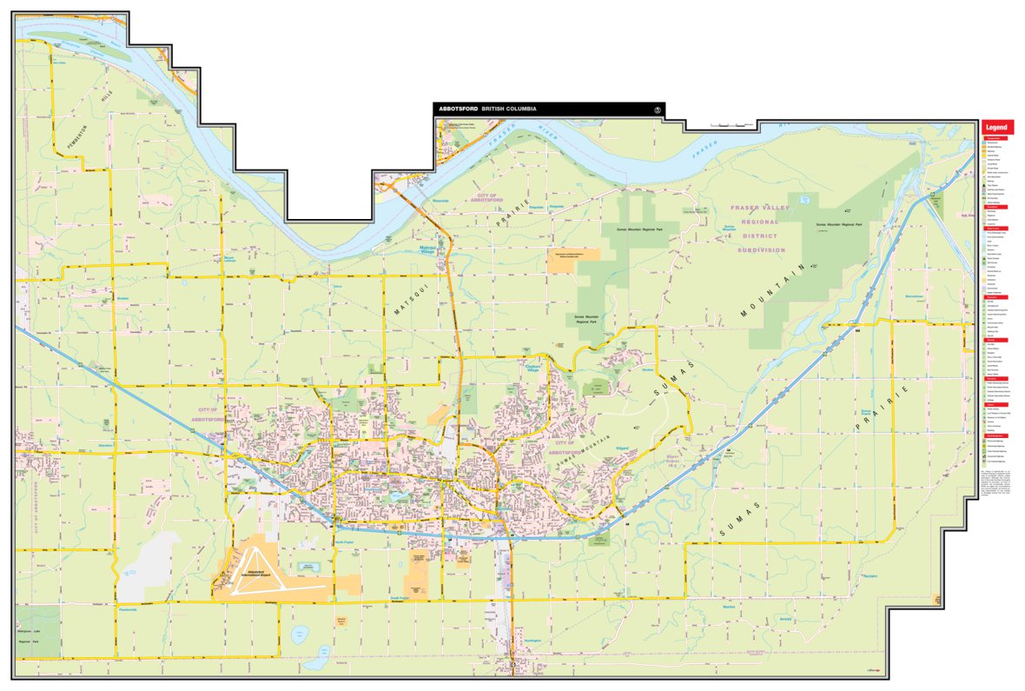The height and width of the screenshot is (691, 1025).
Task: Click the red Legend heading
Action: pyautogui.click(x=998, y=127)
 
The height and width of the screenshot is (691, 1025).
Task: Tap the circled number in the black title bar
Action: pyautogui.click(x=658, y=110)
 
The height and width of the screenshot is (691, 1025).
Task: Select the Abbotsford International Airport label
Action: pyautogui.click(x=253, y=576)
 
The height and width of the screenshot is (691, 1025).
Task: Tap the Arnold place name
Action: pyautogui.click(x=787, y=619)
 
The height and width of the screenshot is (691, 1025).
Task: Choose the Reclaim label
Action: pyautogui.click(x=870, y=575)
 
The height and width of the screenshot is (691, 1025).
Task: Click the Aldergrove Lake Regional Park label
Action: pyautogui.click(x=35, y=637)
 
